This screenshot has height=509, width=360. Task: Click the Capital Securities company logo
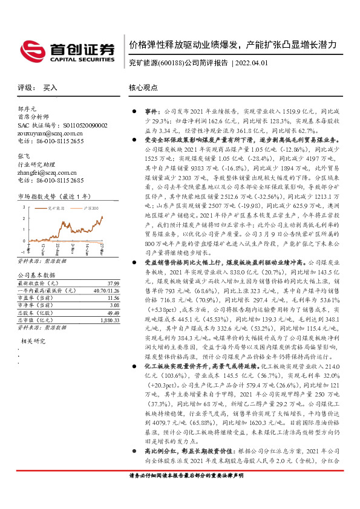coord(67,49)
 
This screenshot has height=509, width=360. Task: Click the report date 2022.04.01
coord(252,62)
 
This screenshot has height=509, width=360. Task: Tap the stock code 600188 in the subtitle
coord(170,62)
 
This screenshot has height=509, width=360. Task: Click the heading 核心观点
coord(143,88)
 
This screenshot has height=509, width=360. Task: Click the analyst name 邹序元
coord(28,109)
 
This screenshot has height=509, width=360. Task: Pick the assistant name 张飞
coord(24,155)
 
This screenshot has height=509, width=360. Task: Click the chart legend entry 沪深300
coord(91,207)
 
